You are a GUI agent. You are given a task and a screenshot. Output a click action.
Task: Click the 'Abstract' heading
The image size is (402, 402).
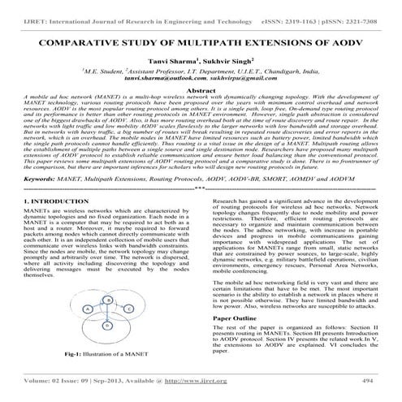(x=201, y=92)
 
